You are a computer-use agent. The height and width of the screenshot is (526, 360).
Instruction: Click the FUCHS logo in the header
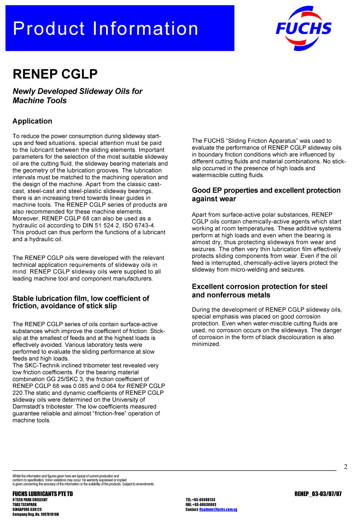coord(304,28)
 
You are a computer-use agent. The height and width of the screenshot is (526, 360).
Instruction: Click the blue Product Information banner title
coord(105,29)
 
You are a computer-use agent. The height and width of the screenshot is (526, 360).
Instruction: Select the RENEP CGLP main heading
coord(55,74)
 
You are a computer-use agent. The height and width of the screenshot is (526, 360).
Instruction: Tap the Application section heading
coord(32,121)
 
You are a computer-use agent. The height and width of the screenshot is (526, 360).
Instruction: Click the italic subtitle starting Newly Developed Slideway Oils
coord(77,96)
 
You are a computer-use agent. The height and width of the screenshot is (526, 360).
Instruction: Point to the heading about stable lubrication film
coord(81,302)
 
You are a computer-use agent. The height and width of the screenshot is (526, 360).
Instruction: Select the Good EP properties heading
coord(266,195)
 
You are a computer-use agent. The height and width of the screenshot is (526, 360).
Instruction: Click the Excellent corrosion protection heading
coord(259,291)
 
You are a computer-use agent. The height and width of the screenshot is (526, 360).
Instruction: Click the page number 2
coord(345,467)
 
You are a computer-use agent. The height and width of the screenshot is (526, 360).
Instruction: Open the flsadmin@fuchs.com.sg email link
coord(218,510)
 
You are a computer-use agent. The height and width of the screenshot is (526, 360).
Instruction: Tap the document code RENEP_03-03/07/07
coord(318,494)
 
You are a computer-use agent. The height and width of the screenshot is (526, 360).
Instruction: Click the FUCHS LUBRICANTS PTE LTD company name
coord(43,494)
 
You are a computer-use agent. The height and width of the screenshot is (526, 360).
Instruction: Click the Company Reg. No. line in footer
coord(35,514)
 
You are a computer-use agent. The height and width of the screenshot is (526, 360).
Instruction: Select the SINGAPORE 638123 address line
coord(27,509)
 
